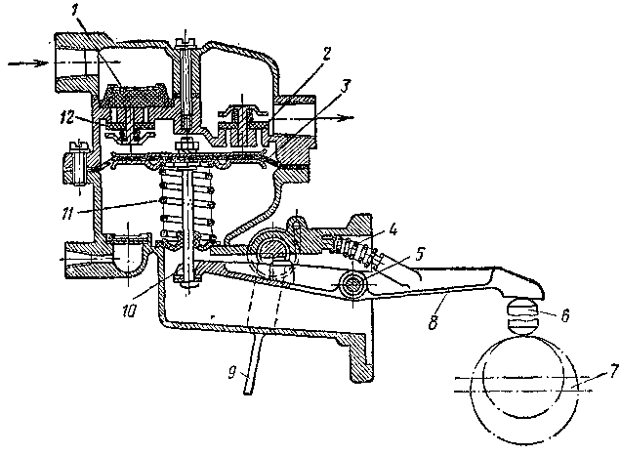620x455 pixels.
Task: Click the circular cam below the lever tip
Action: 530,375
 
